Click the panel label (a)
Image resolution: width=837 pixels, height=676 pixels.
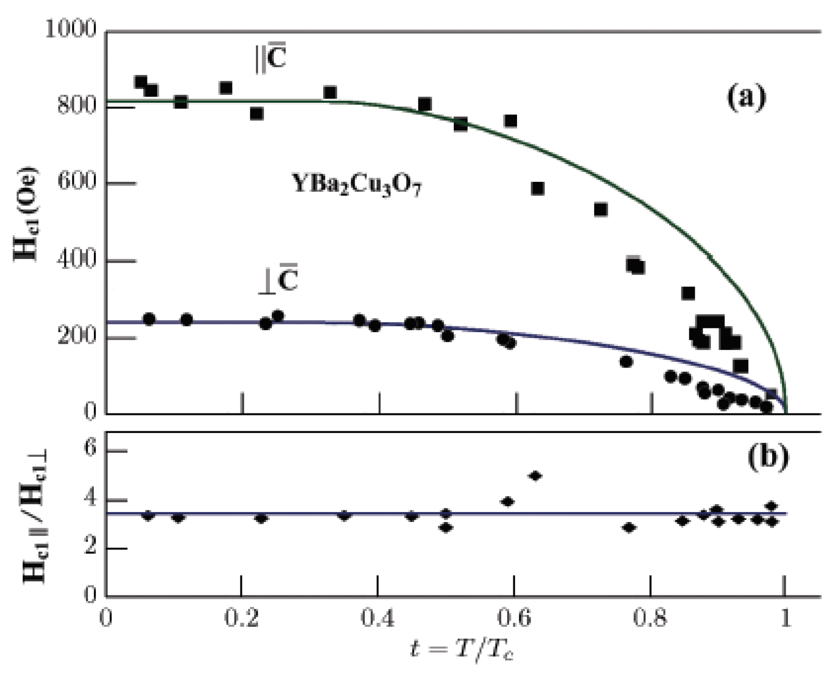click(x=746, y=98)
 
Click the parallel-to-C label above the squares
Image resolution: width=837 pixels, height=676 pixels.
click(x=271, y=59)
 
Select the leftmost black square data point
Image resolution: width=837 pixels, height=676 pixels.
click(x=141, y=82)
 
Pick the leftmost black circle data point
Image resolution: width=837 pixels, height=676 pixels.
click(x=149, y=319)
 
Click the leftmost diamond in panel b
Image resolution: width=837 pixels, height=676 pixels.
click(x=148, y=516)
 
